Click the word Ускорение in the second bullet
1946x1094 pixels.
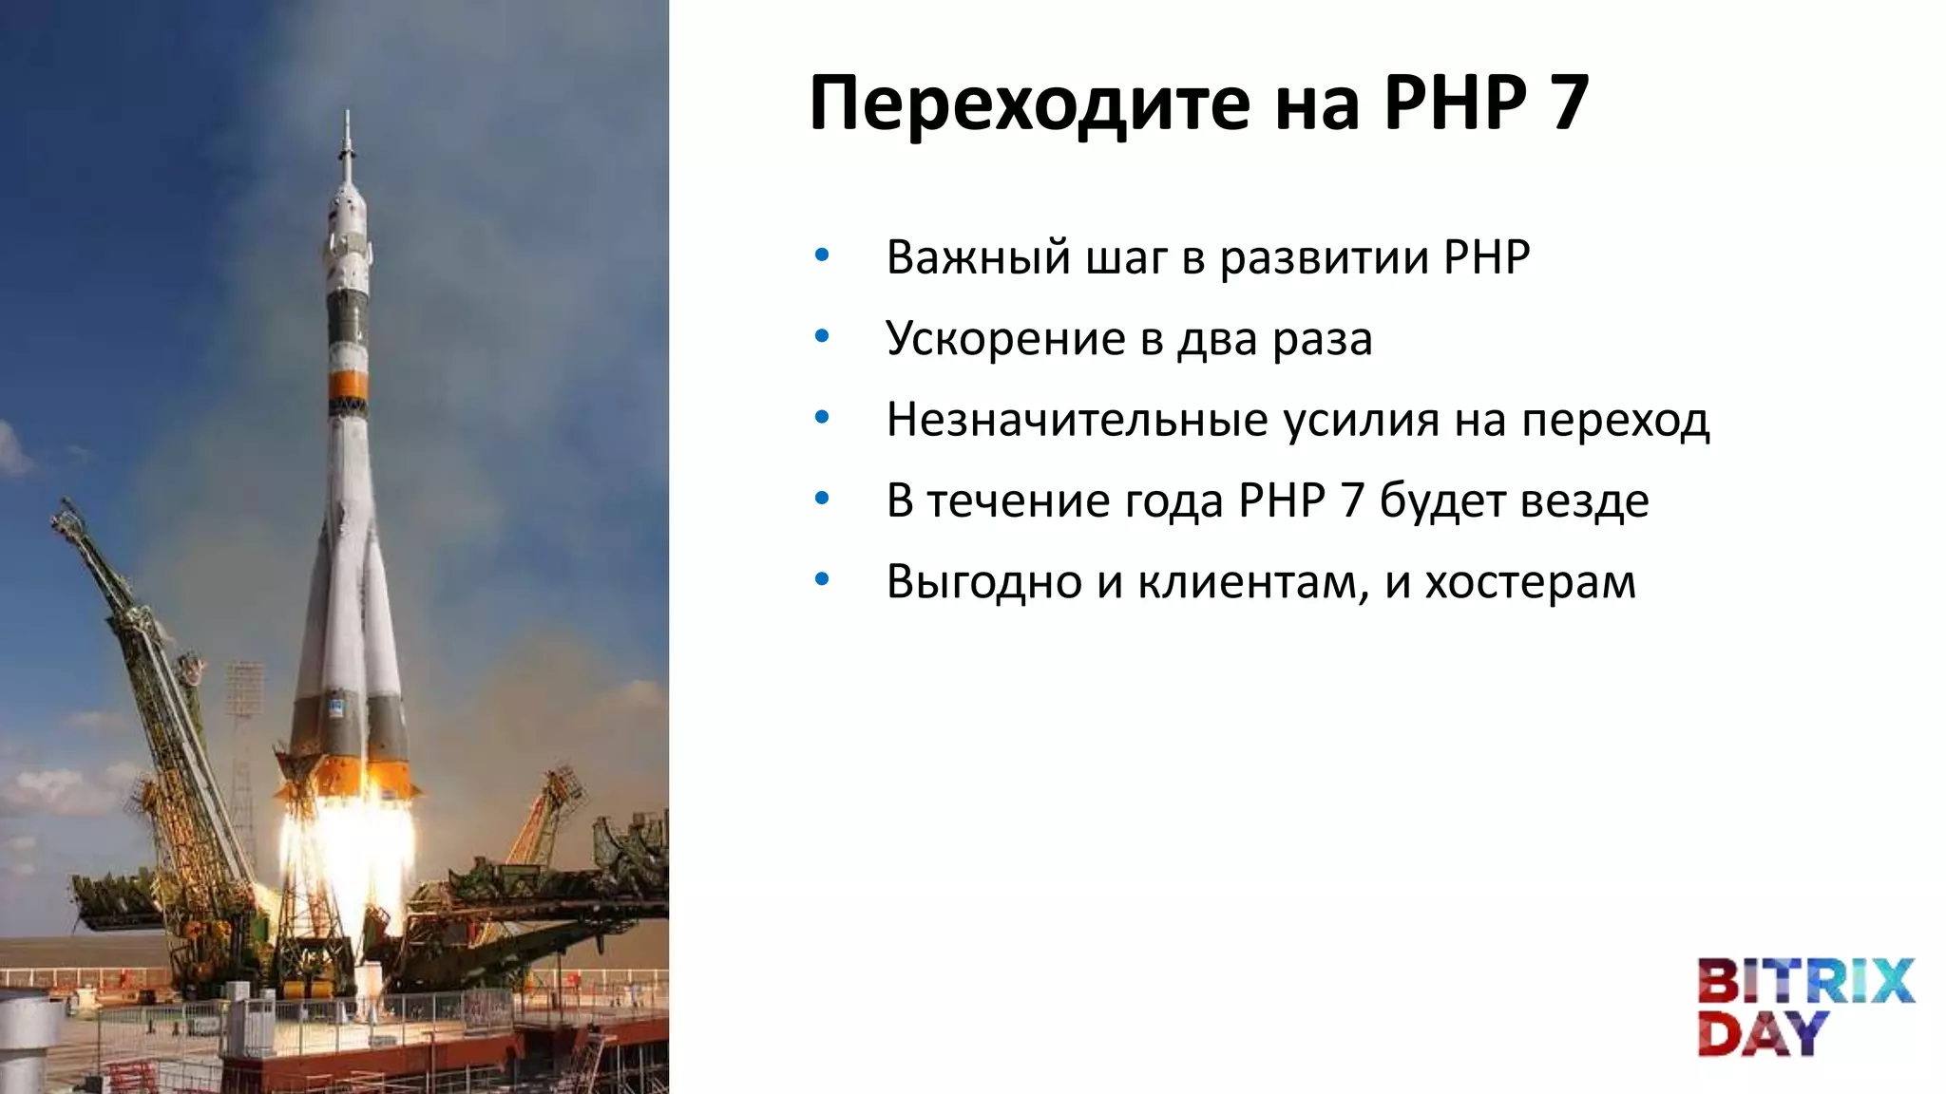pos(1005,339)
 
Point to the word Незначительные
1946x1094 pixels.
pos(1077,420)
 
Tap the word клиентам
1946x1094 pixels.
pos(1253,581)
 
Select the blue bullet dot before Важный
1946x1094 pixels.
pos(822,255)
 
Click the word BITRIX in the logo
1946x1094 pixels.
pos(1805,982)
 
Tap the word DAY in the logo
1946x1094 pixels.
pos(1763,1033)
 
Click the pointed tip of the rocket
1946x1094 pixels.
pos(347,119)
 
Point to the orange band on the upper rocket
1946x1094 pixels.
pos(348,385)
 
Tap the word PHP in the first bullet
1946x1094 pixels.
pos(1486,258)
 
